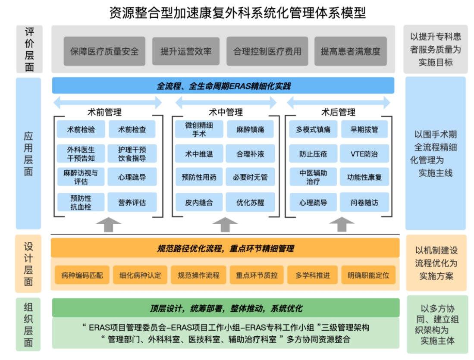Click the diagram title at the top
coord(237,12)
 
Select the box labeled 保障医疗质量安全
coord(104,51)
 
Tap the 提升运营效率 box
coord(186,51)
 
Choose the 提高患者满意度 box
coord(350,51)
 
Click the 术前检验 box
coord(81,129)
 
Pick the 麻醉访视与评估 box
coord(81,177)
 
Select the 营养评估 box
coord(132,202)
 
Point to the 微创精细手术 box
coord(199,129)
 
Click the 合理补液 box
coord(250,153)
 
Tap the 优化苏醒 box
coord(250,202)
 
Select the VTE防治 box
coord(364,153)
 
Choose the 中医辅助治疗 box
coord(313,177)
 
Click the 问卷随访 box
coord(364,202)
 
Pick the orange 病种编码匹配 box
coord(82,275)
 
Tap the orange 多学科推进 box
coord(313,275)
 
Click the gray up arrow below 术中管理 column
coord(225,225)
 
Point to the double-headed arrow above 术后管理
coord(338,103)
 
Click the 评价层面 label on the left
coord(29,49)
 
